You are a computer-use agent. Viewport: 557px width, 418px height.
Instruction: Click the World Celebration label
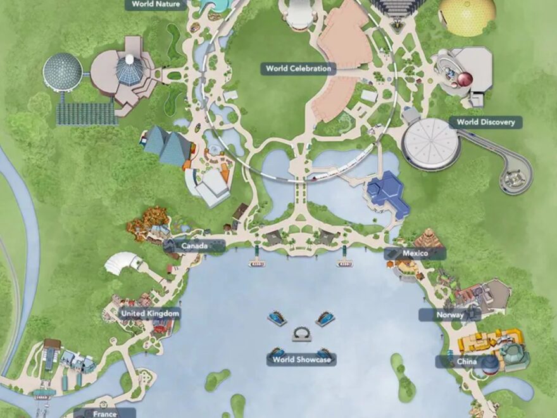point(298,68)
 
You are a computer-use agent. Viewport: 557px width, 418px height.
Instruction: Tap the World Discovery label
point(485,122)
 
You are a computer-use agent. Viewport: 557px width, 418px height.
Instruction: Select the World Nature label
point(156,4)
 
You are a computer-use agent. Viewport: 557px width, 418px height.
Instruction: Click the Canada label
point(194,246)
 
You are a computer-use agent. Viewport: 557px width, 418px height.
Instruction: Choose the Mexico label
point(415,253)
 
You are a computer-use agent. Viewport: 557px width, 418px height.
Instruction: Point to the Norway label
point(450,315)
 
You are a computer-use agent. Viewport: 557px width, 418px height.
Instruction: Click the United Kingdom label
point(150,313)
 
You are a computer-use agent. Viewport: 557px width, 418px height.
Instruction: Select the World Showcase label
point(301,360)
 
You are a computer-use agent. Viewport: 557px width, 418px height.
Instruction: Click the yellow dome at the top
point(467,14)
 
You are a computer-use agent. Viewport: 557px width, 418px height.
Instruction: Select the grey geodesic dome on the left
point(62,71)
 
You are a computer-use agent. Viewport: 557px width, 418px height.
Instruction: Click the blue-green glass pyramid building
point(166,145)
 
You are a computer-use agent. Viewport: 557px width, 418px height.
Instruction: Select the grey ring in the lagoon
point(300,334)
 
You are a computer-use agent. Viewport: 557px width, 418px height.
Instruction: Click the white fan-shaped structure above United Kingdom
point(124,262)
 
